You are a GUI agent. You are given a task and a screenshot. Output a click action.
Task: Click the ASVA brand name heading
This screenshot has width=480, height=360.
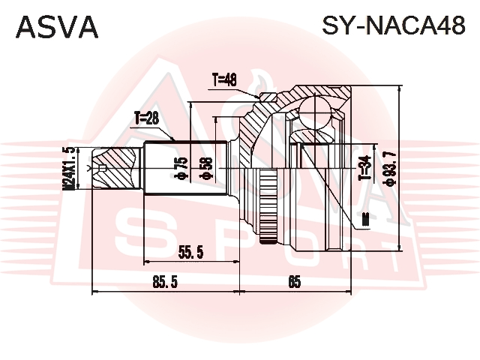point(57,27)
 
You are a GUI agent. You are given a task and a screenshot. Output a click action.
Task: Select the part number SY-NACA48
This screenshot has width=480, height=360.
point(394,25)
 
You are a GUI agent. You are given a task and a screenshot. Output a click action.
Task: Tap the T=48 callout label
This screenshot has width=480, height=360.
point(224,80)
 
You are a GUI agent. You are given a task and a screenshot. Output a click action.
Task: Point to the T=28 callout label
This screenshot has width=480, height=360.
point(147,118)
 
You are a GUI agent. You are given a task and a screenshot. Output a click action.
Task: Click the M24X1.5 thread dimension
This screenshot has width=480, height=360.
point(69,168)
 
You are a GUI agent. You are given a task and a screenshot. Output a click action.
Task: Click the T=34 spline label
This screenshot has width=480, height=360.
point(365,168)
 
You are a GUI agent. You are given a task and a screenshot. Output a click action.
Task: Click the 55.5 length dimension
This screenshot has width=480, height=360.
point(191,252)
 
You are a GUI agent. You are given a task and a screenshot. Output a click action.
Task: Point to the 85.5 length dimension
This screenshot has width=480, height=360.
point(165,282)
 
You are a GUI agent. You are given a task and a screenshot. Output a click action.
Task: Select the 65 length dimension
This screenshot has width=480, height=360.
point(294,282)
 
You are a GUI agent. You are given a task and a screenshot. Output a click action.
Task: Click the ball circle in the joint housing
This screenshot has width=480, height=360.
point(315,112)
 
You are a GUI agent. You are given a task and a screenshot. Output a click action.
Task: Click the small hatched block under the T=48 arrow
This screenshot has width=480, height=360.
point(268,97)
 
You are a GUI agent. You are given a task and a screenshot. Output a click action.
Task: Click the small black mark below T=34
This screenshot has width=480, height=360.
point(365,220)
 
